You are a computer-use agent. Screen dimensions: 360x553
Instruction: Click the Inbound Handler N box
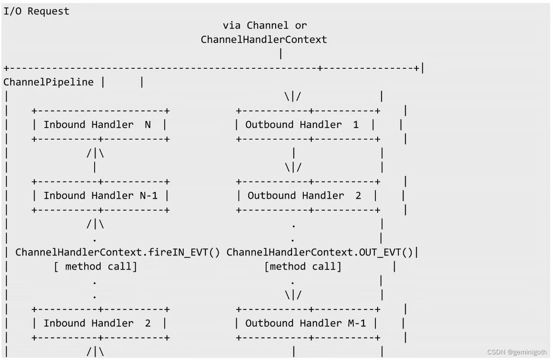(100, 125)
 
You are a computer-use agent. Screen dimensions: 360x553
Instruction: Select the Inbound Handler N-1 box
(100, 196)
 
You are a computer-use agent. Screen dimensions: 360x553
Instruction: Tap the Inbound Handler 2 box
(100, 323)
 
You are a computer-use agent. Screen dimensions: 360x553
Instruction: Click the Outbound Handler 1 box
(308, 125)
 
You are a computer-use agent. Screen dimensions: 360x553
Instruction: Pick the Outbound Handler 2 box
(308, 196)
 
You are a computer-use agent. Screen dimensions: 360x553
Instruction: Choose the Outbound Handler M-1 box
(308, 323)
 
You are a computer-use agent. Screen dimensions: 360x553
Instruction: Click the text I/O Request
(36, 12)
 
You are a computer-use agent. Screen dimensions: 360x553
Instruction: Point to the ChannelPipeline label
(48, 82)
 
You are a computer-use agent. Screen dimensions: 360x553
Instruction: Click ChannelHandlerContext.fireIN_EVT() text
(118, 252)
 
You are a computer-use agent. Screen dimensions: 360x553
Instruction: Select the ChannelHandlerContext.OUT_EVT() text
(319, 252)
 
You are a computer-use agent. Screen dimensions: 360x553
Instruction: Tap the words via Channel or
(264, 25)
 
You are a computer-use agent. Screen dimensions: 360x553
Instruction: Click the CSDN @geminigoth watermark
(517, 352)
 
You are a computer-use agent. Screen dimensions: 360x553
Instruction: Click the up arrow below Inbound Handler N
(95, 154)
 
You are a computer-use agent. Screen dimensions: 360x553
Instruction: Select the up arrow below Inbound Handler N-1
(95, 225)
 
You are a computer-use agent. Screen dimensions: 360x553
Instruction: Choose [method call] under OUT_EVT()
(302, 267)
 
